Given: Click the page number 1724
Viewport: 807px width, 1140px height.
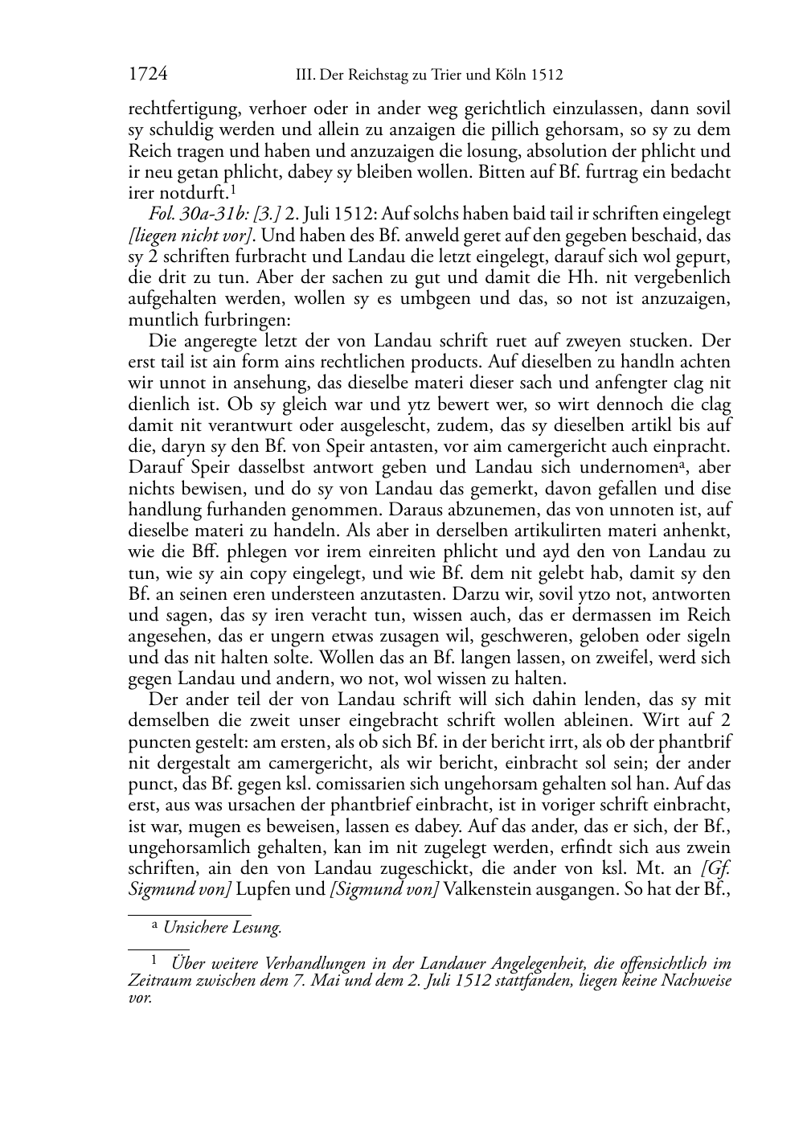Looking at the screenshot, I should click(147, 76).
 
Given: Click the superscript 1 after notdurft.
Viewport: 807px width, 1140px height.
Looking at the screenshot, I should click(232, 190).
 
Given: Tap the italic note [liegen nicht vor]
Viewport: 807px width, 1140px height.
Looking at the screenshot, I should click(191, 236).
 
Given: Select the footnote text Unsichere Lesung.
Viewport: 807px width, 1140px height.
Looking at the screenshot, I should click(222, 928).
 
